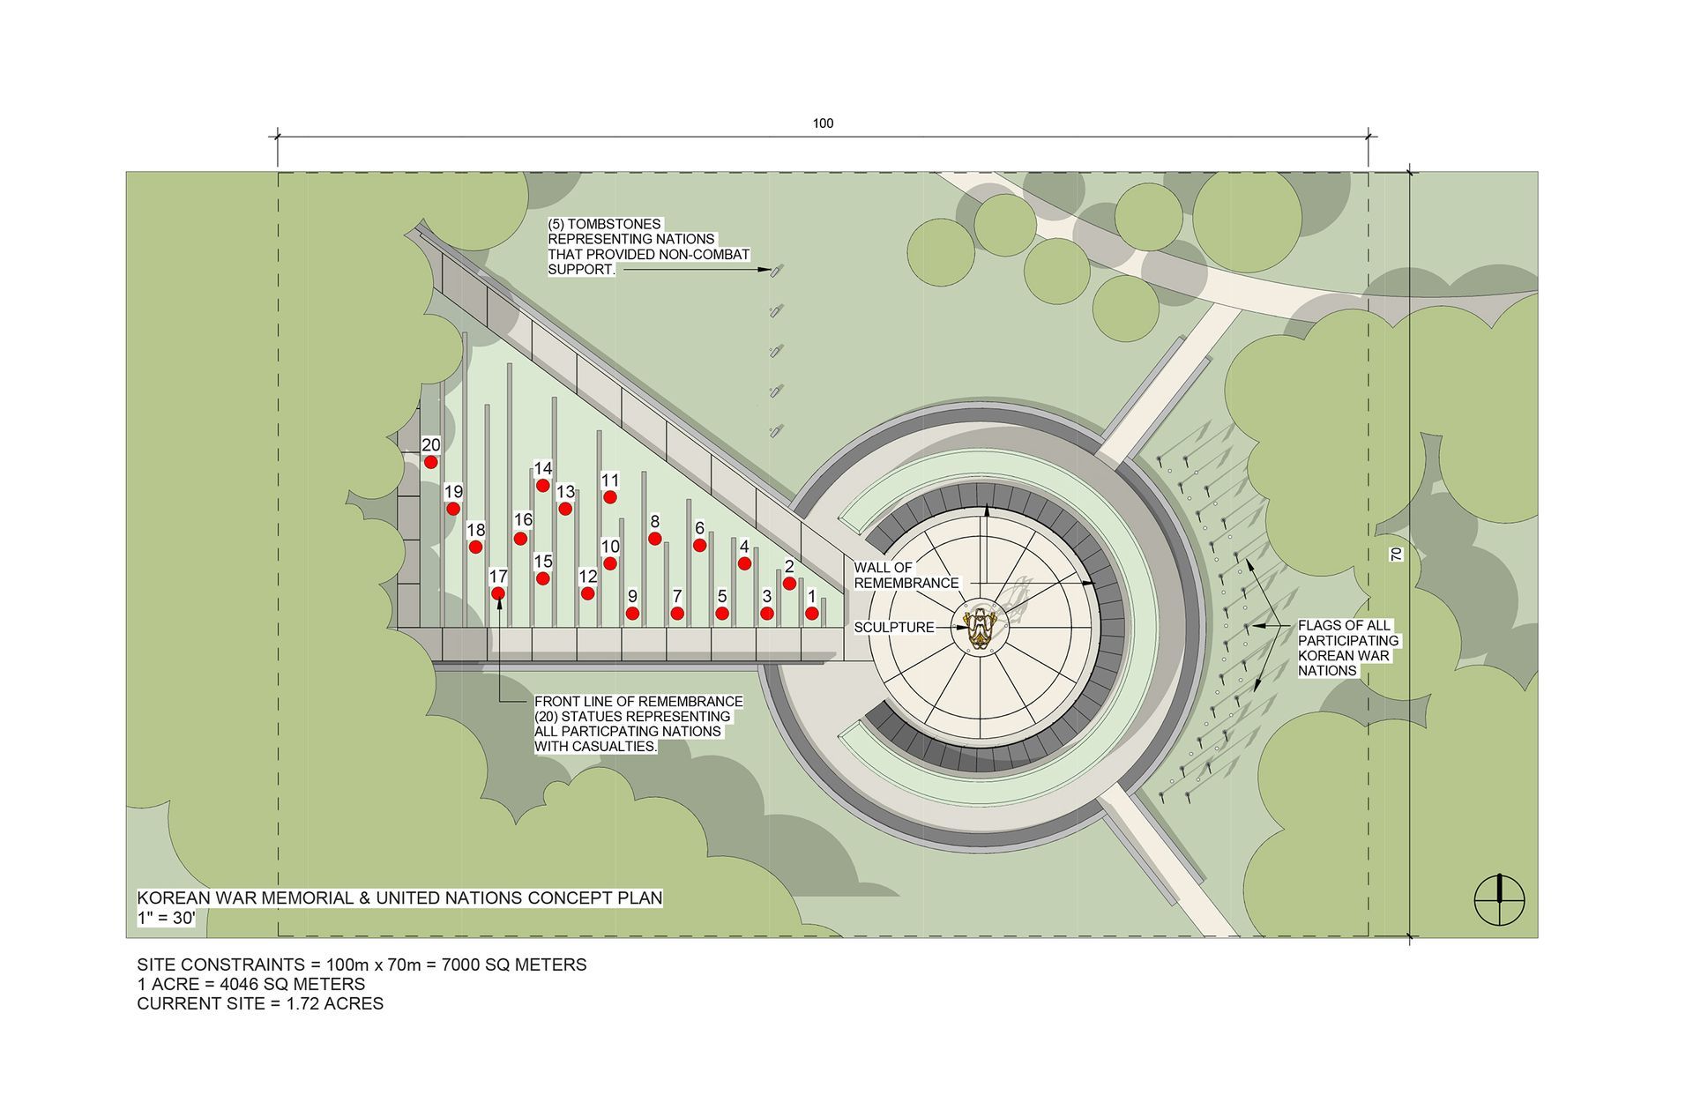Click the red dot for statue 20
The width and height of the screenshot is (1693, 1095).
tap(430, 462)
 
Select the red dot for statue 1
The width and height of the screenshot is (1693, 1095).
tap(811, 613)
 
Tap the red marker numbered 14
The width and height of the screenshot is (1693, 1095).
tap(543, 486)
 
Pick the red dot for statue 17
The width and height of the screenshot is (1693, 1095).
tap(498, 593)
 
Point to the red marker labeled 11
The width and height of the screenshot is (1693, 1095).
tap(610, 497)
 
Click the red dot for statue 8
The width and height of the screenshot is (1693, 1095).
tap(655, 538)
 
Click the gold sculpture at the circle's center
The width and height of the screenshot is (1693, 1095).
tap(981, 627)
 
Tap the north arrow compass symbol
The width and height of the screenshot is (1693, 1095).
tap(1499, 900)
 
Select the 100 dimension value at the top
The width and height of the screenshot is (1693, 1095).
tap(823, 123)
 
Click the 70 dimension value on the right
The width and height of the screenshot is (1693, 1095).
tap(1395, 555)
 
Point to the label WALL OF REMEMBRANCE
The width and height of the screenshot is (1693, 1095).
tap(906, 575)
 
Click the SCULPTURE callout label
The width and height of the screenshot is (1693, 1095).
tap(894, 628)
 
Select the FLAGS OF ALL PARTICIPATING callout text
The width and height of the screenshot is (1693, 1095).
tap(1348, 648)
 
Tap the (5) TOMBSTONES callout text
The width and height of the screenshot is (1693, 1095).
tap(648, 247)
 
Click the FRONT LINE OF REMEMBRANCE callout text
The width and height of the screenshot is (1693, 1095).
tap(638, 724)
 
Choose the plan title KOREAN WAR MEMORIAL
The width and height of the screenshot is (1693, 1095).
tap(399, 898)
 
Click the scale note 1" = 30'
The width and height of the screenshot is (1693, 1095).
tap(166, 918)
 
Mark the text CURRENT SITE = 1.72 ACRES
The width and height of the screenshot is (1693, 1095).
tap(260, 1003)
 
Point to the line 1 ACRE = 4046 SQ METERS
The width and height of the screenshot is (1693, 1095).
tap(250, 984)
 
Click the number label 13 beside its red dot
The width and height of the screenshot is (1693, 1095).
tap(565, 492)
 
